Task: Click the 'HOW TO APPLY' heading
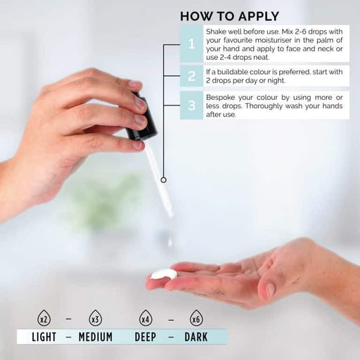[x=229, y=16]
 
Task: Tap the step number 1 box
[x=191, y=44]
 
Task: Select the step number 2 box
[x=191, y=76]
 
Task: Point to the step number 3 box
[x=191, y=105]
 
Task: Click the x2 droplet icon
[x=44, y=318]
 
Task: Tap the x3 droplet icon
[x=96, y=318]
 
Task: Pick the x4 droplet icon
[x=146, y=318]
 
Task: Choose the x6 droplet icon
[x=196, y=318]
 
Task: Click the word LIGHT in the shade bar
[x=44, y=337]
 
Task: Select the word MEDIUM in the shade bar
[x=96, y=337]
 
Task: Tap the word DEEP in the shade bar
[x=146, y=337]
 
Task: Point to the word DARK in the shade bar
[x=196, y=337]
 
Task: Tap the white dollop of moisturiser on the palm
[x=164, y=274]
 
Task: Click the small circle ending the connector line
[x=164, y=180]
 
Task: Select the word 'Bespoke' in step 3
[x=220, y=98]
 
